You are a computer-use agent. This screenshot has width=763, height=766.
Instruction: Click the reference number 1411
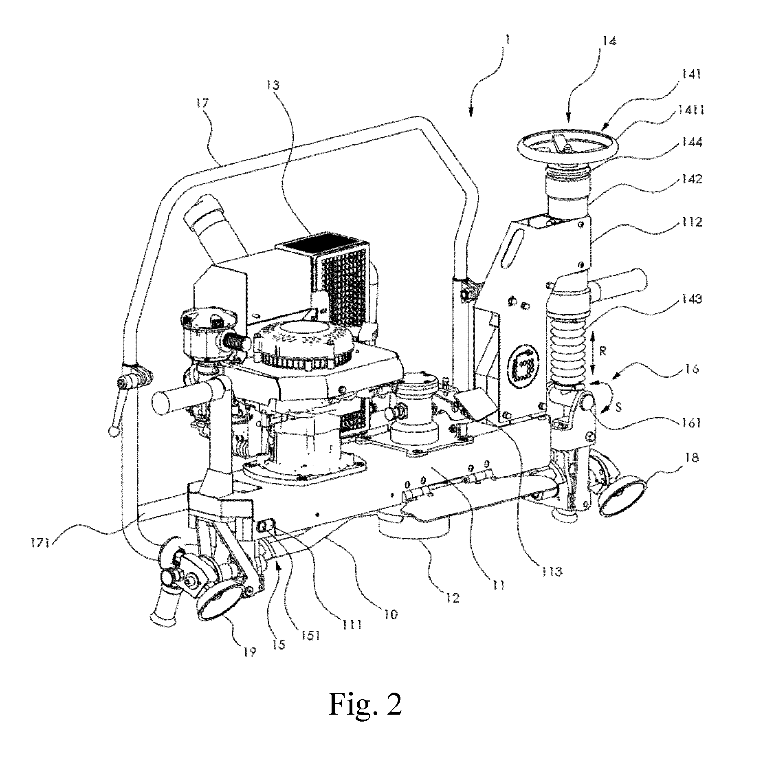pos(689,110)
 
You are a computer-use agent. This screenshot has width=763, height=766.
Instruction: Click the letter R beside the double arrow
pos(603,352)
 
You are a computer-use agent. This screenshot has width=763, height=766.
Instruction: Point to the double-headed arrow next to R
pos(593,353)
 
